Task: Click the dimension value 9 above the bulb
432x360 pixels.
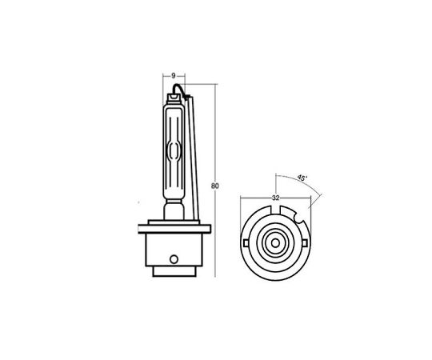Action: point(174,75)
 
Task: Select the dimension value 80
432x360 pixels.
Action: point(215,186)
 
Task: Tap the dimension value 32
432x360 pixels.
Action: point(275,198)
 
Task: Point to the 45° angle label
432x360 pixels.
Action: point(302,178)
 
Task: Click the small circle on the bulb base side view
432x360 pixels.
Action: point(174,259)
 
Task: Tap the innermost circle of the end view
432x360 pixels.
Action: point(275,243)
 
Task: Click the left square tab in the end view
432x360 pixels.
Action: point(246,243)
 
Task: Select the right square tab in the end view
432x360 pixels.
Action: point(305,243)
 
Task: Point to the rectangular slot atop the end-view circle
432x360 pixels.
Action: point(275,209)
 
